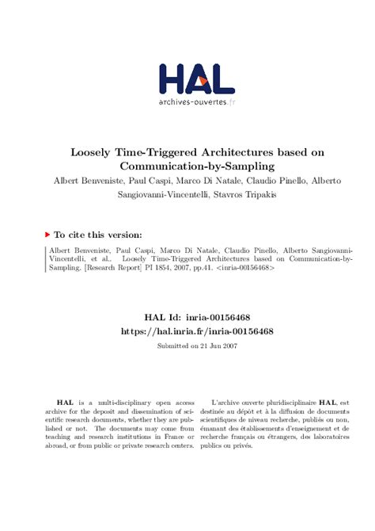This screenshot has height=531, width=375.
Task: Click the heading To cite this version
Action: coord(98,235)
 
